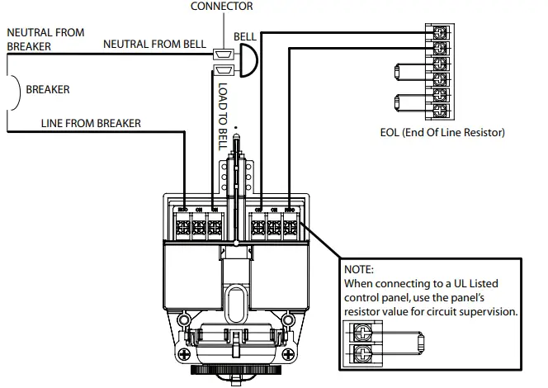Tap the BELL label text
[x=245, y=38]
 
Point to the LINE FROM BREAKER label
[x=91, y=123]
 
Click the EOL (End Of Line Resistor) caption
[x=442, y=132]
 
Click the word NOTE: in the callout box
[x=358, y=269]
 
